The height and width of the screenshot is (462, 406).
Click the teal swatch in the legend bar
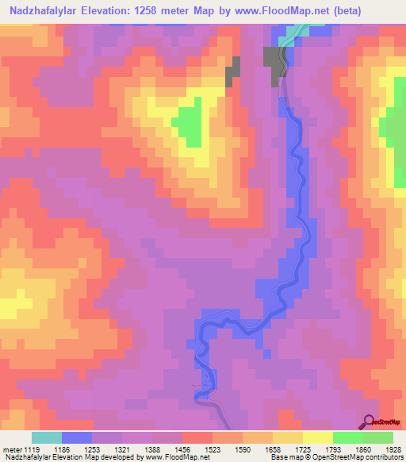[47, 437]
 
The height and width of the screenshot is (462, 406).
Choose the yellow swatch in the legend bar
[318, 437]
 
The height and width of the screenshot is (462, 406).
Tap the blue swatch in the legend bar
[77, 437]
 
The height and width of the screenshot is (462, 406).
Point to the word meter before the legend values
[13, 449]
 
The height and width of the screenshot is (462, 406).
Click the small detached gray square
[233, 71]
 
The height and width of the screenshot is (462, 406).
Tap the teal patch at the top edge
[295, 31]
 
